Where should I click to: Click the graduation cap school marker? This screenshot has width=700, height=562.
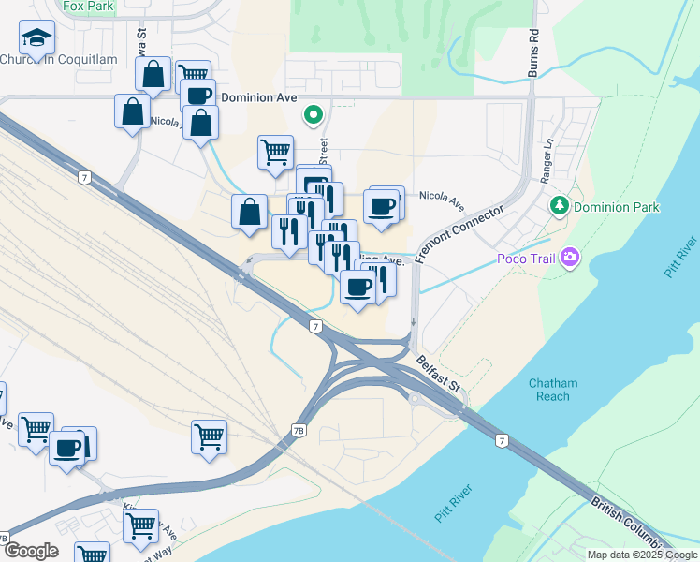point(36,37)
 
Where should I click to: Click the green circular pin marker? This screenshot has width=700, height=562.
point(314,115)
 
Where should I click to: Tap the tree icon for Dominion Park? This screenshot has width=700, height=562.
point(561,205)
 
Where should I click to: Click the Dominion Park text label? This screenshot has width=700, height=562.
point(617,207)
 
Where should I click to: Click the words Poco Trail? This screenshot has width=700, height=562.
point(525,258)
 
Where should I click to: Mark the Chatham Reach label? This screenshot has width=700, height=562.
point(553,390)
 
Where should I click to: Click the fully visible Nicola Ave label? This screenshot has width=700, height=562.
point(442,198)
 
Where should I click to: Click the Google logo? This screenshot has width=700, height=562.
point(31,551)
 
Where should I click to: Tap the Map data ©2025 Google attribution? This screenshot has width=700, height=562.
point(641,555)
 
